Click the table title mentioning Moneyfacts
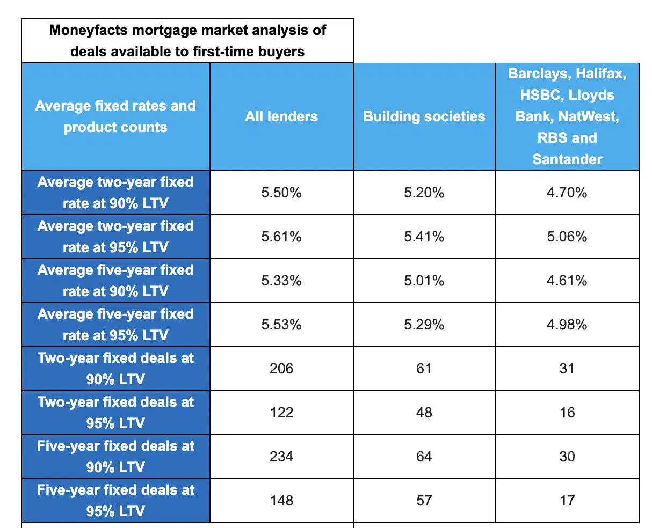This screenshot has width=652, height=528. click(187, 41)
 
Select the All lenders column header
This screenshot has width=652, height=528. click(281, 116)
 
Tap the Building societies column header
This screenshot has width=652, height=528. click(424, 116)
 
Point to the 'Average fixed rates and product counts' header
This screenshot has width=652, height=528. click(115, 116)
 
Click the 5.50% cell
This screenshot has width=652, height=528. click(281, 193)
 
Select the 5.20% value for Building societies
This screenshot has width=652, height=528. click(424, 193)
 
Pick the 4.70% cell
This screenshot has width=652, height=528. click(567, 193)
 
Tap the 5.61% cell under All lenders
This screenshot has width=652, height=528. click(281, 237)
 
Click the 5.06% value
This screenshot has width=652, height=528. click(567, 237)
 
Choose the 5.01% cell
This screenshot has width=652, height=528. click(424, 281)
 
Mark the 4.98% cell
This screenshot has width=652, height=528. click(567, 325)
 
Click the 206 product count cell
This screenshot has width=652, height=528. click(281, 369)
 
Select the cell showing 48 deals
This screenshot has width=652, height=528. click(424, 413)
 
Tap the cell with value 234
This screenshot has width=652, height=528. click(281, 457)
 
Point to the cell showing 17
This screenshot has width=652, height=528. click(567, 501)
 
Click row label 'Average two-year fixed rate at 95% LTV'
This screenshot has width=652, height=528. click(115, 237)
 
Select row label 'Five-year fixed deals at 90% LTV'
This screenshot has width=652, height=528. click(115, 457)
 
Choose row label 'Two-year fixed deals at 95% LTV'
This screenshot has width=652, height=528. click(115, 413)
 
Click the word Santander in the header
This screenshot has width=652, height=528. click(567, 159)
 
